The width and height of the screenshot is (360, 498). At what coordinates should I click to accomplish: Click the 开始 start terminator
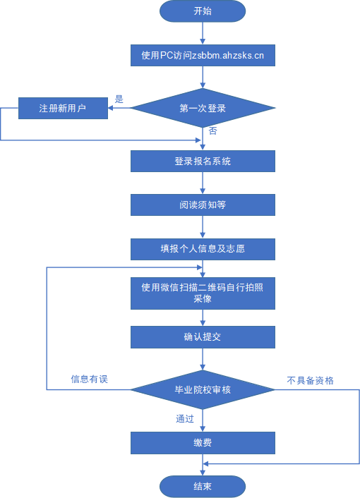point(203,11)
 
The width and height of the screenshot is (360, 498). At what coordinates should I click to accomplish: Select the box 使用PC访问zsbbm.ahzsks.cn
point(203,54)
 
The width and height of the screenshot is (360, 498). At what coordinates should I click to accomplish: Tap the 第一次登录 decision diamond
point(203,109)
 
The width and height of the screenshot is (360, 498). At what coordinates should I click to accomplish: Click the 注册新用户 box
point(63,109)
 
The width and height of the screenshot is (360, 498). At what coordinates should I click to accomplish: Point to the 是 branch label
point(119,99)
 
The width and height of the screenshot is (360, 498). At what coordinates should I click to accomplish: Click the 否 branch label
point(212,131)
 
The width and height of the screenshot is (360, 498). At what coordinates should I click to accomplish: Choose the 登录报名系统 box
point(203,162)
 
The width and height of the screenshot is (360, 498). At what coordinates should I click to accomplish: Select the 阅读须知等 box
point(203,205)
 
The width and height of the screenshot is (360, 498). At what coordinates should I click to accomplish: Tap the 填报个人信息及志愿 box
point(203,249)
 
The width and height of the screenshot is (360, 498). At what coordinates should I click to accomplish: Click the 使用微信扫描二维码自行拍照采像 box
point(203,293)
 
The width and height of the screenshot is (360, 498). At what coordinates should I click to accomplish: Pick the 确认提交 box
point(203,336)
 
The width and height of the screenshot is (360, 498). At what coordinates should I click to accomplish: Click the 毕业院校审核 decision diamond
point(203,389)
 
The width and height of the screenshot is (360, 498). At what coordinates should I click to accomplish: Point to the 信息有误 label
point(89,379)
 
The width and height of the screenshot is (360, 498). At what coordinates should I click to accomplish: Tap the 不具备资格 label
point(310,380)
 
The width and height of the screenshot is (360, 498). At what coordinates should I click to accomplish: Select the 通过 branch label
point(185,418)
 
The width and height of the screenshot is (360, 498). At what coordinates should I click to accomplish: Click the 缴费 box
point(203,443)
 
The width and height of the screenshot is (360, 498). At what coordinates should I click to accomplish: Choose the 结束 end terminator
point(203,487)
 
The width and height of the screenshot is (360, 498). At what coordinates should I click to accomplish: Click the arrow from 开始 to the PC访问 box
point(203,32)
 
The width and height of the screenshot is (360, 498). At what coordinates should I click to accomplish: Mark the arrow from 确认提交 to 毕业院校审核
point(203,358)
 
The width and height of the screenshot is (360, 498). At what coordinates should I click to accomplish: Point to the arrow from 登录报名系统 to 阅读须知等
point(203,183)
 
